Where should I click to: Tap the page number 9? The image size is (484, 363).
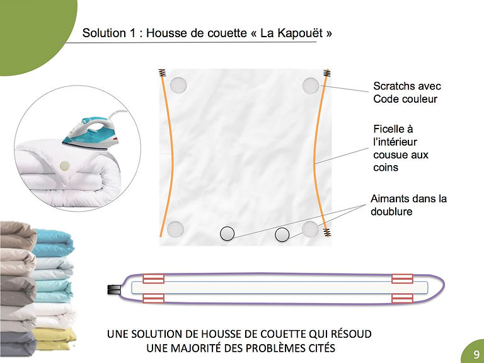[x=476, y=354]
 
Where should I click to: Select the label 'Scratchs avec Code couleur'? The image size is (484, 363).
[x=407, y=92]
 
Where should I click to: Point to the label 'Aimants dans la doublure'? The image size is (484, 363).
[x=408, y=205]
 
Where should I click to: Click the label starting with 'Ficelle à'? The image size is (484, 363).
[x=401, y=148]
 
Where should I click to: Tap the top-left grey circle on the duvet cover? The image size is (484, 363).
[x=178, y=85]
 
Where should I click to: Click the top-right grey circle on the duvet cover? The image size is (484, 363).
[x=311, y=86]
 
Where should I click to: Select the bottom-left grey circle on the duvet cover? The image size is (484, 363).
[x=175, y=229]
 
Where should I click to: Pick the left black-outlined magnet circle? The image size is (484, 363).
[x=227, y=234]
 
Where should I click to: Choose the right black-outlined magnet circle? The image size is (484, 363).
[x=282, y=234]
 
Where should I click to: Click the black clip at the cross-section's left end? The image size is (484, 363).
[x=113, y=290]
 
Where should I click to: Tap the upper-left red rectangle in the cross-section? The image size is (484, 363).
[x=153, y=279]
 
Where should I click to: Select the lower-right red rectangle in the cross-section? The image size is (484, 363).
[x=402, y=299]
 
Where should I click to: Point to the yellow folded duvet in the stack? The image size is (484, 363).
[x=55, y=338]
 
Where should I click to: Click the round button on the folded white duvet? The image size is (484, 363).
[x=64, y=166]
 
